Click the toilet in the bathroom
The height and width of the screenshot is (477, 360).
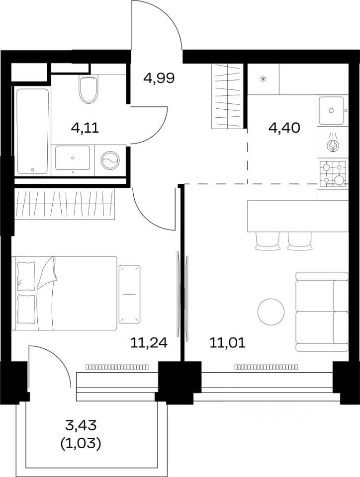[88, 89]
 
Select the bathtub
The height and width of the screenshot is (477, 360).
[32, 131]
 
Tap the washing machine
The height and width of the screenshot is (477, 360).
[110, 160]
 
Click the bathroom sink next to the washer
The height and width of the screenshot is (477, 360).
[73, 158]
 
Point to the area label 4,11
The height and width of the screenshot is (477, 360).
[85, 128]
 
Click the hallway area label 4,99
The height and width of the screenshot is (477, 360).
[159, 78]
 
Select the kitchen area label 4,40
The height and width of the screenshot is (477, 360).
[284, 128]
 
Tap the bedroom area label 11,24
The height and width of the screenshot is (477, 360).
[149, 343]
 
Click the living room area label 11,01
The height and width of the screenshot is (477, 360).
[227, 343]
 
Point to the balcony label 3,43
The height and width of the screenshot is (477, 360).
[81, 425]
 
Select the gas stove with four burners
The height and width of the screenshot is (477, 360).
[333, 172]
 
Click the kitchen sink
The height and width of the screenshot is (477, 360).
[331, 110]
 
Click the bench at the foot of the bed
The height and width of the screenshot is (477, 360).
[130, 294]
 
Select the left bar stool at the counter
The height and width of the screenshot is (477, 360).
[267, 241]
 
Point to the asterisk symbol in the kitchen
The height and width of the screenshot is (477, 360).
[263, 79]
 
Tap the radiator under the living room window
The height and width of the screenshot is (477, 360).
[267, 367]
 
